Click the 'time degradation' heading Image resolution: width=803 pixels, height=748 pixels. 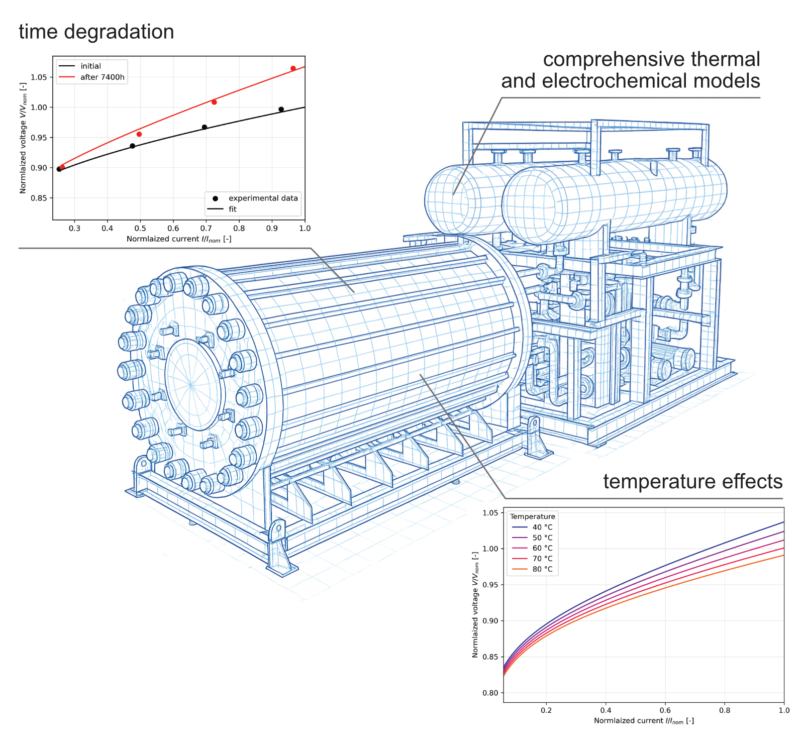[96, 32]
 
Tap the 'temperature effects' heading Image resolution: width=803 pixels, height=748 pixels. [692, 481]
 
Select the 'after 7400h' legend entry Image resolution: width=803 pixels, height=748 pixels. [92, 77]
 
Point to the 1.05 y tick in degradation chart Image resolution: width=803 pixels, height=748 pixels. [39, 77]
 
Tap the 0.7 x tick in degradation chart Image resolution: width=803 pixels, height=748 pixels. [206, 229]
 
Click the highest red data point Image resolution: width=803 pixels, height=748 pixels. [293, 68]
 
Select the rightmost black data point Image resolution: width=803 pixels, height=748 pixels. [281, 110]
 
